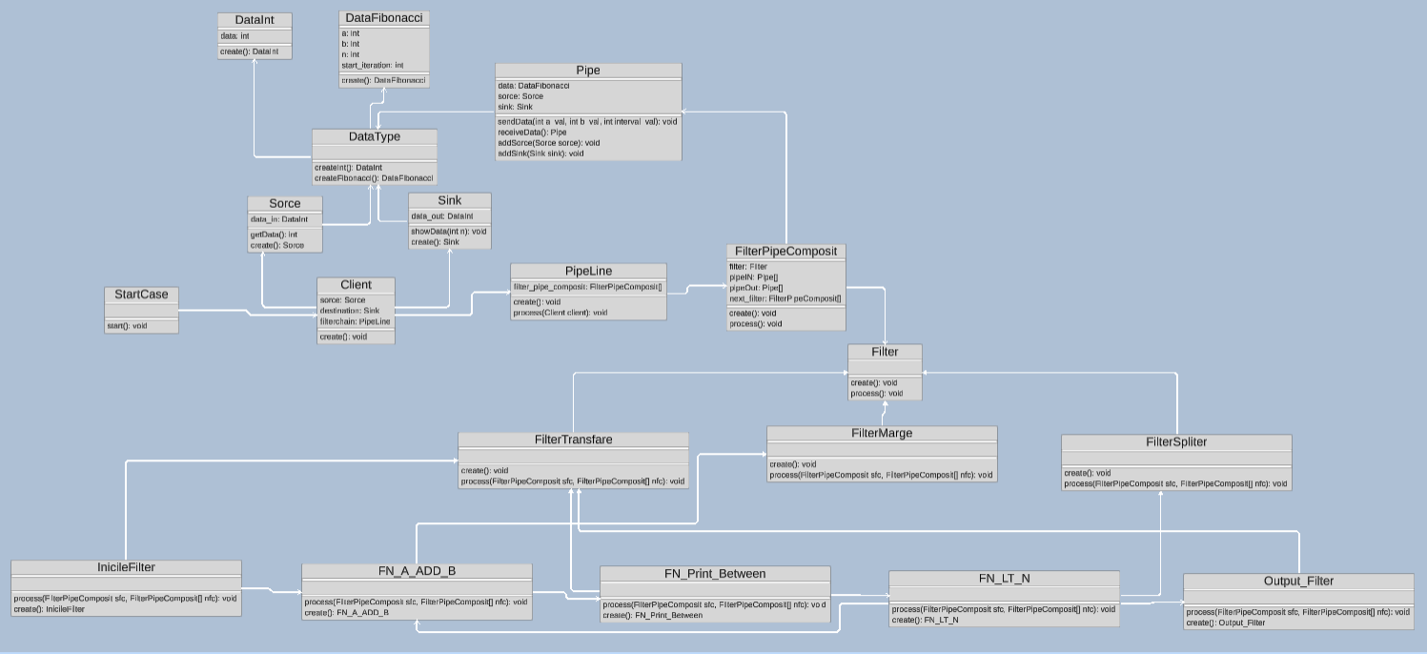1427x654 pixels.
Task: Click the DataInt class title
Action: pyautogui.click(x=255, y=20)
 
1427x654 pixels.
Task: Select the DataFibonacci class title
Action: pyautogui.click(x=384, y=18)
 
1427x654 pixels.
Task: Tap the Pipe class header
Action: pyautogui.click(x=588, y=71)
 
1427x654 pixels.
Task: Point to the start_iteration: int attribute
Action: pyautogui.click(x=373, y=65)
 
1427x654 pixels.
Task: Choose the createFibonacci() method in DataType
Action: pyautogui.click(x=374, y=178)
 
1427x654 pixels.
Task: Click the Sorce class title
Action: pyautogui.click(x=285, y=204)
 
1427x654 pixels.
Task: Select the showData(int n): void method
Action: pyautogui.click(x=448, y=232)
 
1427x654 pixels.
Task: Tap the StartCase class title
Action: pyautogui.click(x=141, y=295)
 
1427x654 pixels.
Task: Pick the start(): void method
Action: pyautogui.click(x=127, y=326)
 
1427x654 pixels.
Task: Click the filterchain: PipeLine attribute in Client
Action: pyautogui.click(x=355, y=321)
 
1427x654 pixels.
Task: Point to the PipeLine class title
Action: pyautogui.click(x=588, y=272)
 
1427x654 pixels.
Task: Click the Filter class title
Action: pyautogui.click(x=885, y=352)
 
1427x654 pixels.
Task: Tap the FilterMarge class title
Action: pyautogui.click(x=882, y=434)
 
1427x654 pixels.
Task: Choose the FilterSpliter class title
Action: pyautogui.click(x=1176, y=442)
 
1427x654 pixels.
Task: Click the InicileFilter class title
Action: pyautogui.click(x=126, y=568)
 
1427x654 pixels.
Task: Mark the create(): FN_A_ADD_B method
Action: pyautogui.click(x=347, y=613)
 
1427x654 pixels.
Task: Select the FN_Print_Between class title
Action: pyautogui.click(x=715, y=574)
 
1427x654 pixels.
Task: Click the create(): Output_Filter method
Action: pyautogui.click(x=1226, y=623)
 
